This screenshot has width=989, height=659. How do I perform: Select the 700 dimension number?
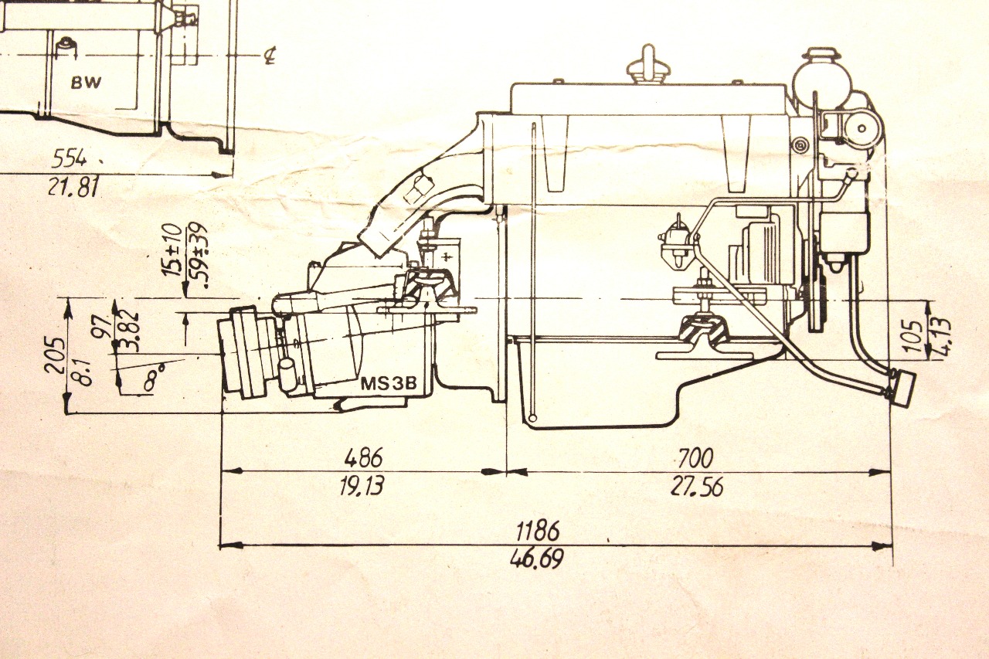click(696, 458)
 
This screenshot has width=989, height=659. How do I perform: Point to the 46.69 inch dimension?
click(537, 559)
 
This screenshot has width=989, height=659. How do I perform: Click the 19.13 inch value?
click(362, 486)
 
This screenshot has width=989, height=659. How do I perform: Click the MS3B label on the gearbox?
click(389, 383)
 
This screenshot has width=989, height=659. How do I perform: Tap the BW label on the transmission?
click(86, 82)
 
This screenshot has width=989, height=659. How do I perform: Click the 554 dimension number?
click(70, 159)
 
